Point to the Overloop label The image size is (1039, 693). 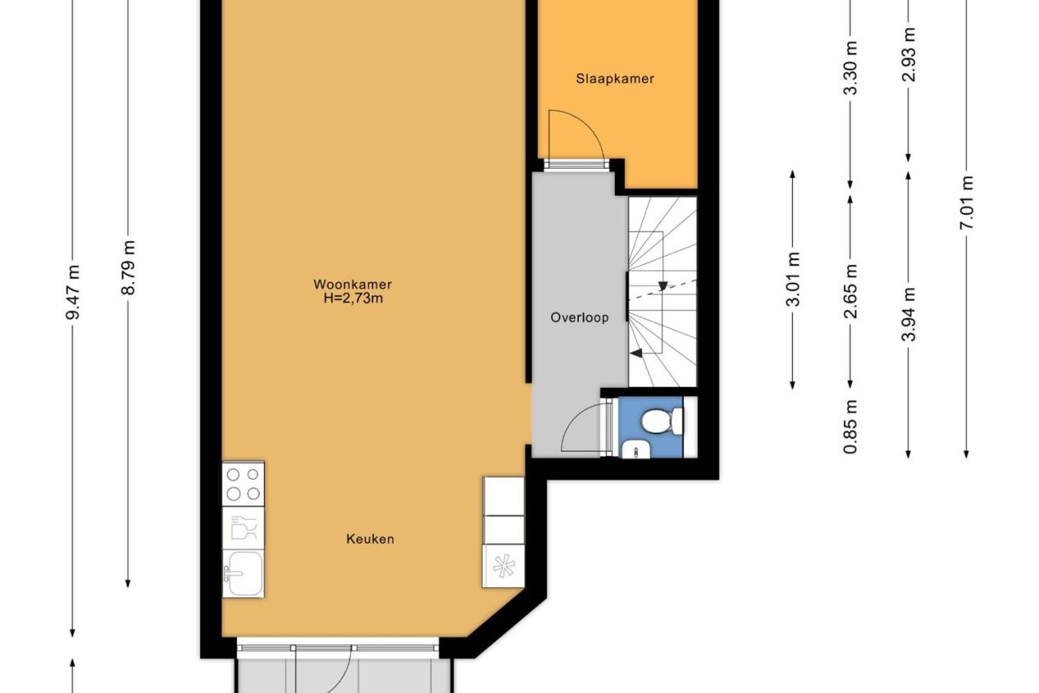click(579, 318)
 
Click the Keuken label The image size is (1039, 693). click(370, 539)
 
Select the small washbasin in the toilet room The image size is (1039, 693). click(634, 448)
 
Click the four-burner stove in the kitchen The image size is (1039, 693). click(243, 483)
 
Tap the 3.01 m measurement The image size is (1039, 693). click(793, 280)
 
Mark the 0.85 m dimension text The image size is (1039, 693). click(851, 427)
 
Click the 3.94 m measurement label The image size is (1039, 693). click(909, 313)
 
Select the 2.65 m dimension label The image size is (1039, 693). click(851, 290)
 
